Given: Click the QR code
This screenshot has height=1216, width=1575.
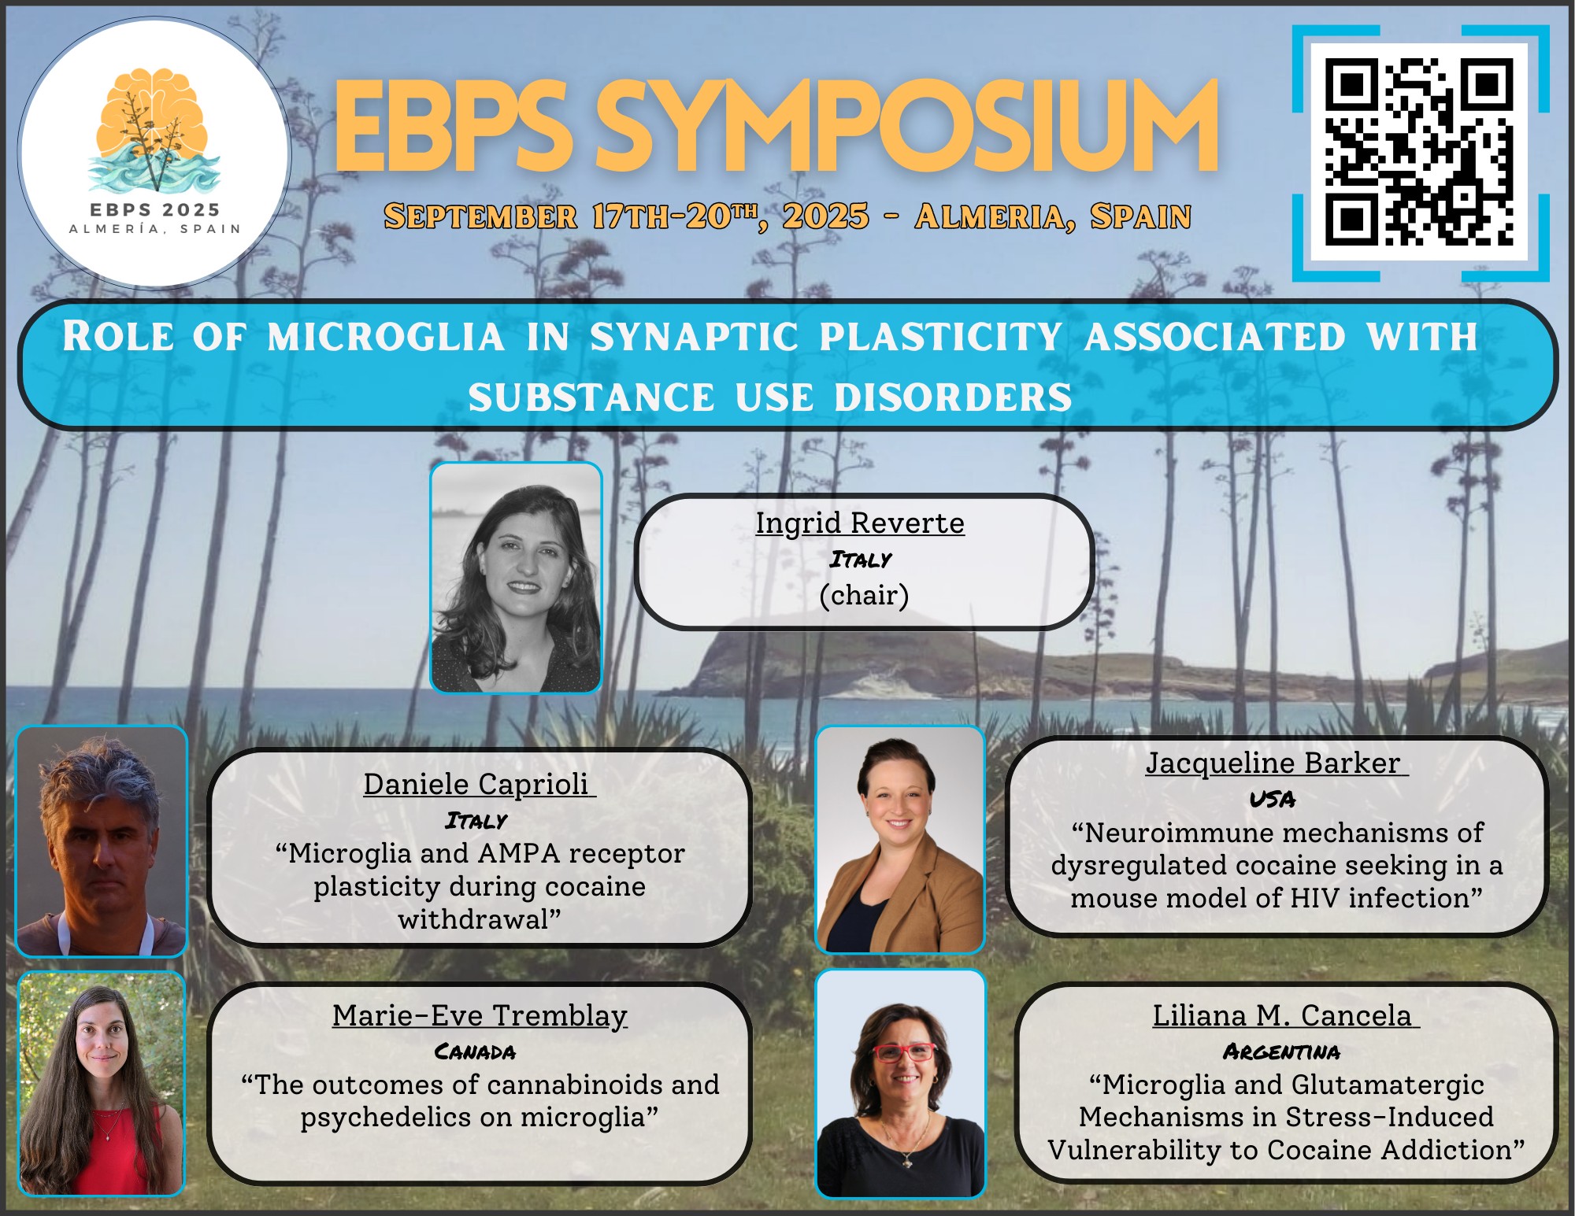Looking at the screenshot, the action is [x=1420, y=153].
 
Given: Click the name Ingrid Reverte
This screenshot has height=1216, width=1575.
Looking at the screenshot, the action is [x=860, y=523].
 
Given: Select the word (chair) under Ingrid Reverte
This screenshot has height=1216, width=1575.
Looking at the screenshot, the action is [x=864, y=596].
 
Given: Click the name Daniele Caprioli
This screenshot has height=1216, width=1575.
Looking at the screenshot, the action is [x=476, y=784].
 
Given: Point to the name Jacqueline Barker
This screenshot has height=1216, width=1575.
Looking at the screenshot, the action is [x=1273, y=763].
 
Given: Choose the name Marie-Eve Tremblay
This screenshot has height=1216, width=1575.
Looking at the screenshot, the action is [x=480, y=1015].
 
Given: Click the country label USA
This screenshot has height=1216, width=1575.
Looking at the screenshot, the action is [x=1273, y=800].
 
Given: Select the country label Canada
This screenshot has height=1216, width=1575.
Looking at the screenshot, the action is [x=476, y=1052].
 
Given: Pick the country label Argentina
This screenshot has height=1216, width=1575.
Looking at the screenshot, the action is [x=1281, y=1052].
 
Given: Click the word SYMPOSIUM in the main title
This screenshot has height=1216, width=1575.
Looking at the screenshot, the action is [x=906, y=127].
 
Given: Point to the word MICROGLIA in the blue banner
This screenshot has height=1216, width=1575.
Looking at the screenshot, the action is [x=386, y=338].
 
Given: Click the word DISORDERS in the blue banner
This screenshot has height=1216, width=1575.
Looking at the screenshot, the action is [x=953, y=397].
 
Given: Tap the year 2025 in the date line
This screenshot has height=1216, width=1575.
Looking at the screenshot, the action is [x=826, y=216].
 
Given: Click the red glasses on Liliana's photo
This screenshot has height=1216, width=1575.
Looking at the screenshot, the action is [x=904, y=1052].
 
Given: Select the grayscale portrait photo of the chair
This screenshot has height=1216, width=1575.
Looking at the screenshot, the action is [x=516, y=578].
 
